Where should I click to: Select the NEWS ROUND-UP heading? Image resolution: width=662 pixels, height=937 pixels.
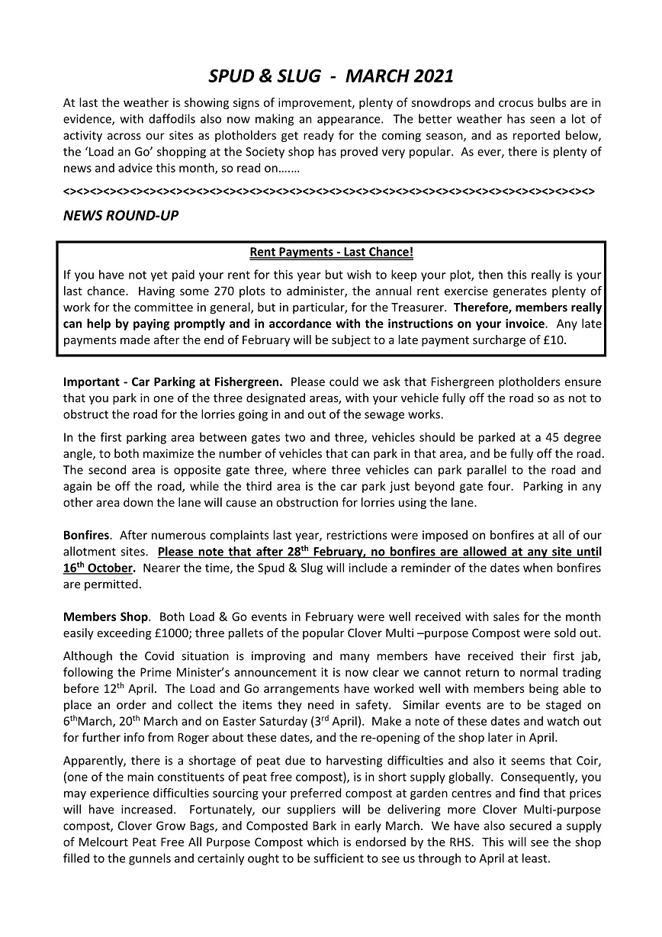click(121, 216)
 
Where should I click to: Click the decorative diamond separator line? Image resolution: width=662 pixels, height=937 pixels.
click(329, 188)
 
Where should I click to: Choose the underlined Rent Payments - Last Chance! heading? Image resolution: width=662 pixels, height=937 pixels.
click(331, 252)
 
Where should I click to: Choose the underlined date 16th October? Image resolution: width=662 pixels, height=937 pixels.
click(99, 568)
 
